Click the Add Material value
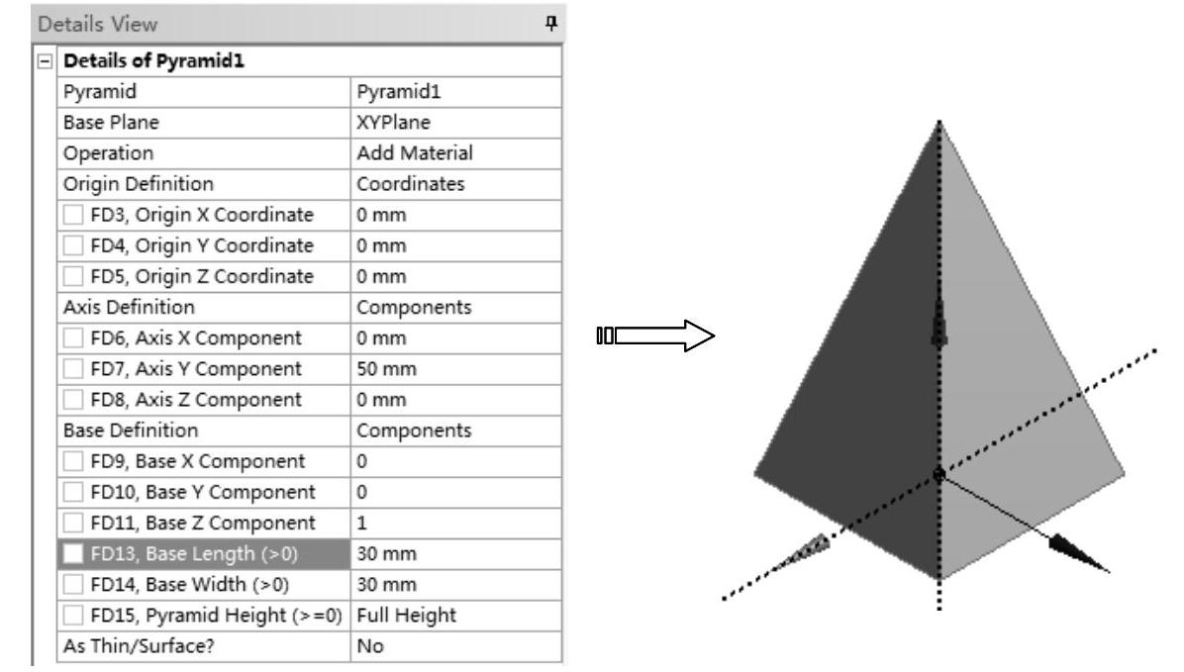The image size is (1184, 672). point(414,154)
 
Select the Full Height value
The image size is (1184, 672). point(406,617)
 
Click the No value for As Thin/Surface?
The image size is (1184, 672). point(368,647)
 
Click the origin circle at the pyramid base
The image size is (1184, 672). point(937,475)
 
